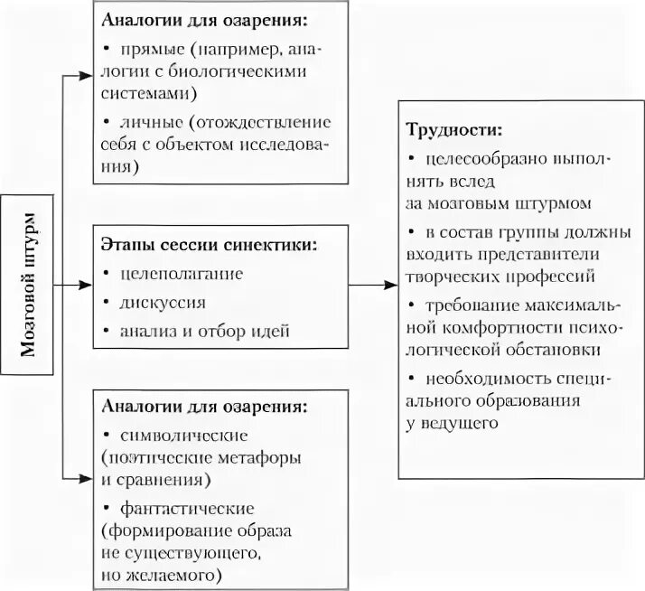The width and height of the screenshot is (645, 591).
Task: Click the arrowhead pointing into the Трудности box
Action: click(391, 286)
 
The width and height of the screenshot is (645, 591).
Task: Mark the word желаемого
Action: click(178, 574)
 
